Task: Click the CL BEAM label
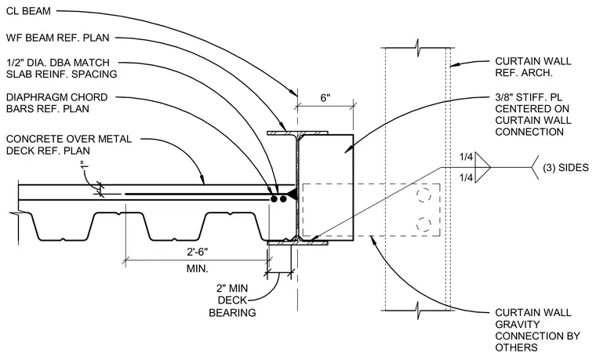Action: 28,11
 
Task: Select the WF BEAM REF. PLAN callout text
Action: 58,38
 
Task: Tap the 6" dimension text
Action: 325,98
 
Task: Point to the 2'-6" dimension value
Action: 197,252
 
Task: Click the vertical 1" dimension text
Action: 85,165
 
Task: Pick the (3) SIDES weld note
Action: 565,167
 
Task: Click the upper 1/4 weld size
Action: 466,157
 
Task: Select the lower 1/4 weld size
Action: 466,177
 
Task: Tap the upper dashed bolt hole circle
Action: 423,195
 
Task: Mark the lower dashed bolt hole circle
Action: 423,224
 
